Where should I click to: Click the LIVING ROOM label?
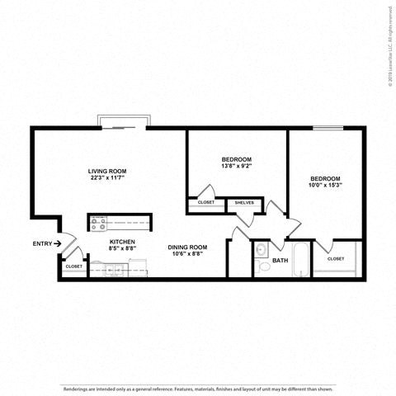tap(113, 172)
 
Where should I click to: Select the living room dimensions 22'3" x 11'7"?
tap(113, 179)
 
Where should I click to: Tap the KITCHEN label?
tap(122, 241)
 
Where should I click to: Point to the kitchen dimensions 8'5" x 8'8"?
tap(122, 248)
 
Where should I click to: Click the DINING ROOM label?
tap(188, 247)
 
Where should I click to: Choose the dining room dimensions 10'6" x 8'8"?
tap(188, 254)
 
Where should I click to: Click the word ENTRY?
tap(42, 243)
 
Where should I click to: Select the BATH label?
tap(280, 261)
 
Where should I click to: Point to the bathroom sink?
tap(262, 250)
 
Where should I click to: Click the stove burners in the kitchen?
tap(98, 221)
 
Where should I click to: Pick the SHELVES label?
tap(244, 202)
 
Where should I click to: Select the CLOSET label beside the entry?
tap(73, 266)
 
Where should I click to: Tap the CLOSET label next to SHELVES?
tap(205, 202)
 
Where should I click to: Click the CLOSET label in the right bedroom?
tap(336, 258)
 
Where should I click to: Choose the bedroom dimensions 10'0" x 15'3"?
tap(325, 186)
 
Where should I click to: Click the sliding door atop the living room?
tap(123, 123)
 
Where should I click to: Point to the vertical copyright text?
tap(389, 40)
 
